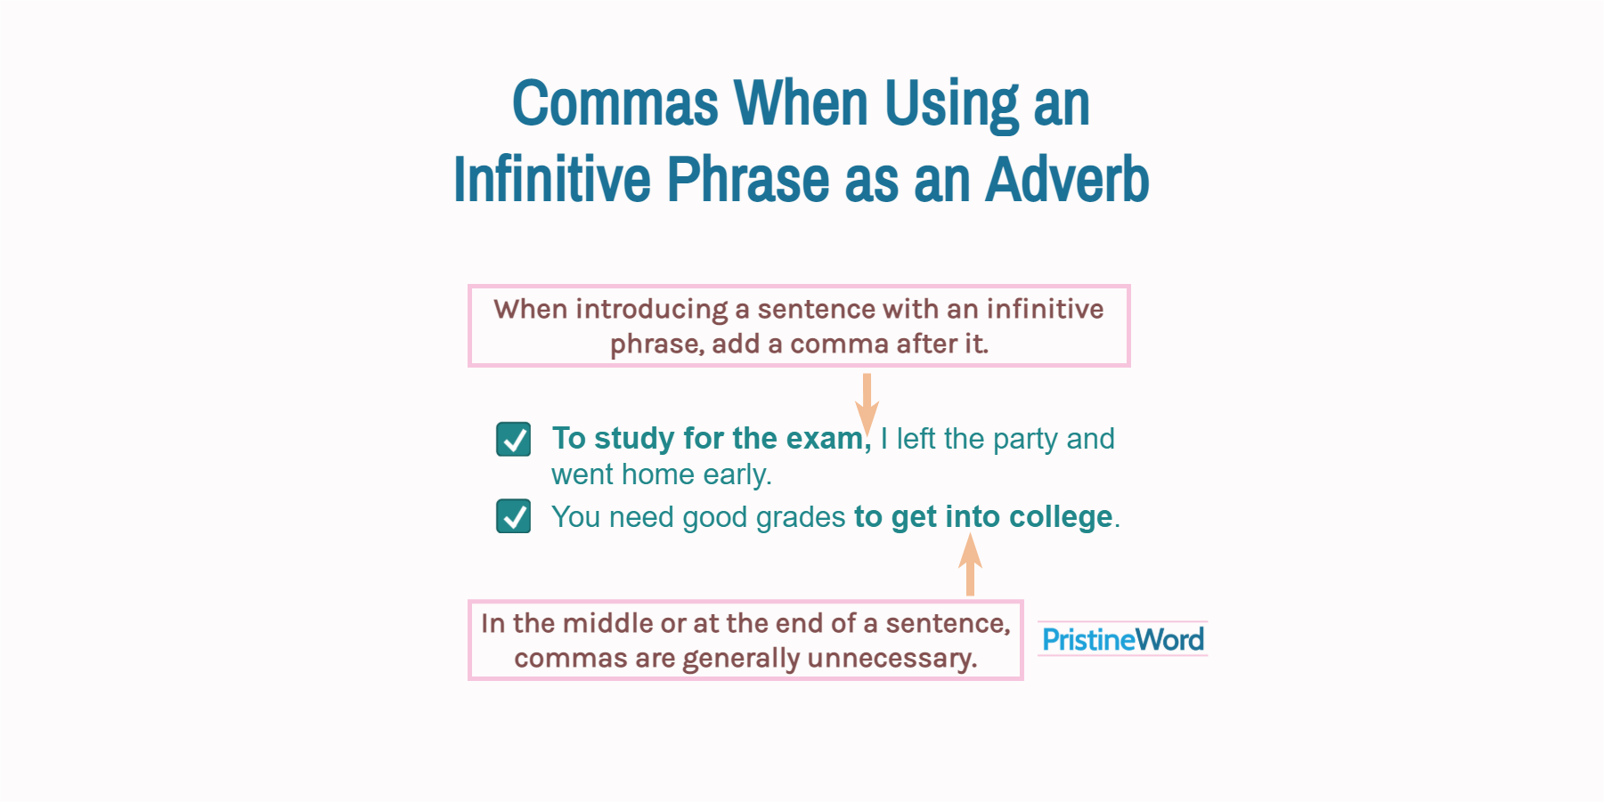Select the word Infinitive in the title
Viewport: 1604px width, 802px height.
tap(552, 180)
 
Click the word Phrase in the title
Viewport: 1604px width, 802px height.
tap(748, 180)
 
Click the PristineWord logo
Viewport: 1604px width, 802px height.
tap(1122, 639)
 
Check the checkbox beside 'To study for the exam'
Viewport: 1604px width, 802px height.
tap(513, 439)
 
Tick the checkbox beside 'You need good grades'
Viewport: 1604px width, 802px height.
tap(513, 516)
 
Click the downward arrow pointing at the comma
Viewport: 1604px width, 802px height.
tap(867, 402)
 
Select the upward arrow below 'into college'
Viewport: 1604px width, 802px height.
tap(970, 564)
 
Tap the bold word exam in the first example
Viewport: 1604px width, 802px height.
tap(824, 438)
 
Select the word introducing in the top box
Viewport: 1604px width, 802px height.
tap(652, 309)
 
